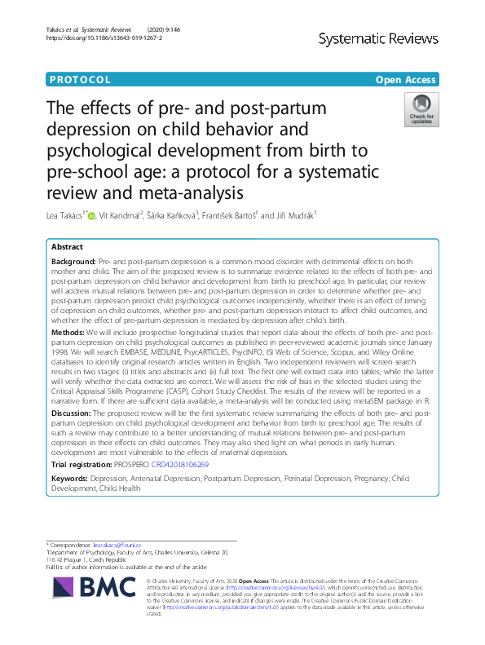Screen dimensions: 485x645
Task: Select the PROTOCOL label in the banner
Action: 80,80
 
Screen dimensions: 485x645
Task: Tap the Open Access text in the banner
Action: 407,80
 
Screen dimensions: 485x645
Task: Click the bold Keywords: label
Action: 70,479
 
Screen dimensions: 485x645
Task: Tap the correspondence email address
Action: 117,546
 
